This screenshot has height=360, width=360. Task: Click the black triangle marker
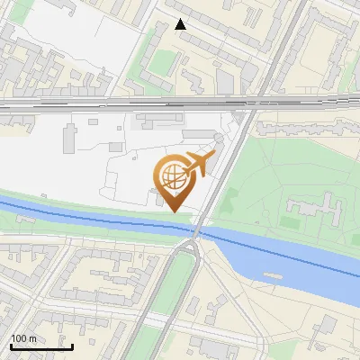pos(181,24)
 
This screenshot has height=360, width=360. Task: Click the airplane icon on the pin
pos(199,164)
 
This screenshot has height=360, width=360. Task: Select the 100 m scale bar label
pos(23,338)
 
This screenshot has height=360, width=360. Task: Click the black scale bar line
pos(41,346)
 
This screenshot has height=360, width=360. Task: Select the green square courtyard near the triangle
pos(162,63)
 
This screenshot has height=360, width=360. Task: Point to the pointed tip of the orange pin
pos(174,211)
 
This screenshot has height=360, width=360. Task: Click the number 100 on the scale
pos(18,338)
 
